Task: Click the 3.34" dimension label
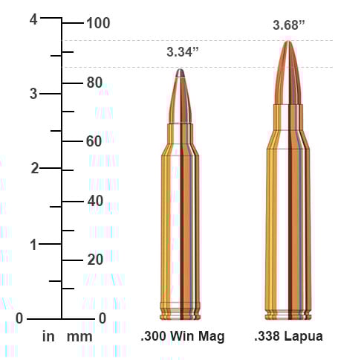click(x=183, y=52)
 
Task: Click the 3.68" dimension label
click(x=289, y=25)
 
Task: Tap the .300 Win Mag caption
click(x=182, y=336)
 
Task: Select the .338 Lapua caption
click(x=288, y=336)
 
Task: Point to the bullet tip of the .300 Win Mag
click(x=181, y=71)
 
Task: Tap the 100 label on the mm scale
click(x=98, y=23)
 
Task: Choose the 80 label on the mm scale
click(x=94, y=82)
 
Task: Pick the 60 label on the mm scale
click(x=94, y=141)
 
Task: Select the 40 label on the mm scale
click(x=94, y=200)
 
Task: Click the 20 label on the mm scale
click(x=94, y=260)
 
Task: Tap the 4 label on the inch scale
click(x=33, y=20)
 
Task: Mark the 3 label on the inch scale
click(x=33, y=94)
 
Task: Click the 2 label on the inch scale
click(x=33, y=168)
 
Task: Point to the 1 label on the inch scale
click(x=33, y=244)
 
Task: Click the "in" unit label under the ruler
click(x=48, y=336)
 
